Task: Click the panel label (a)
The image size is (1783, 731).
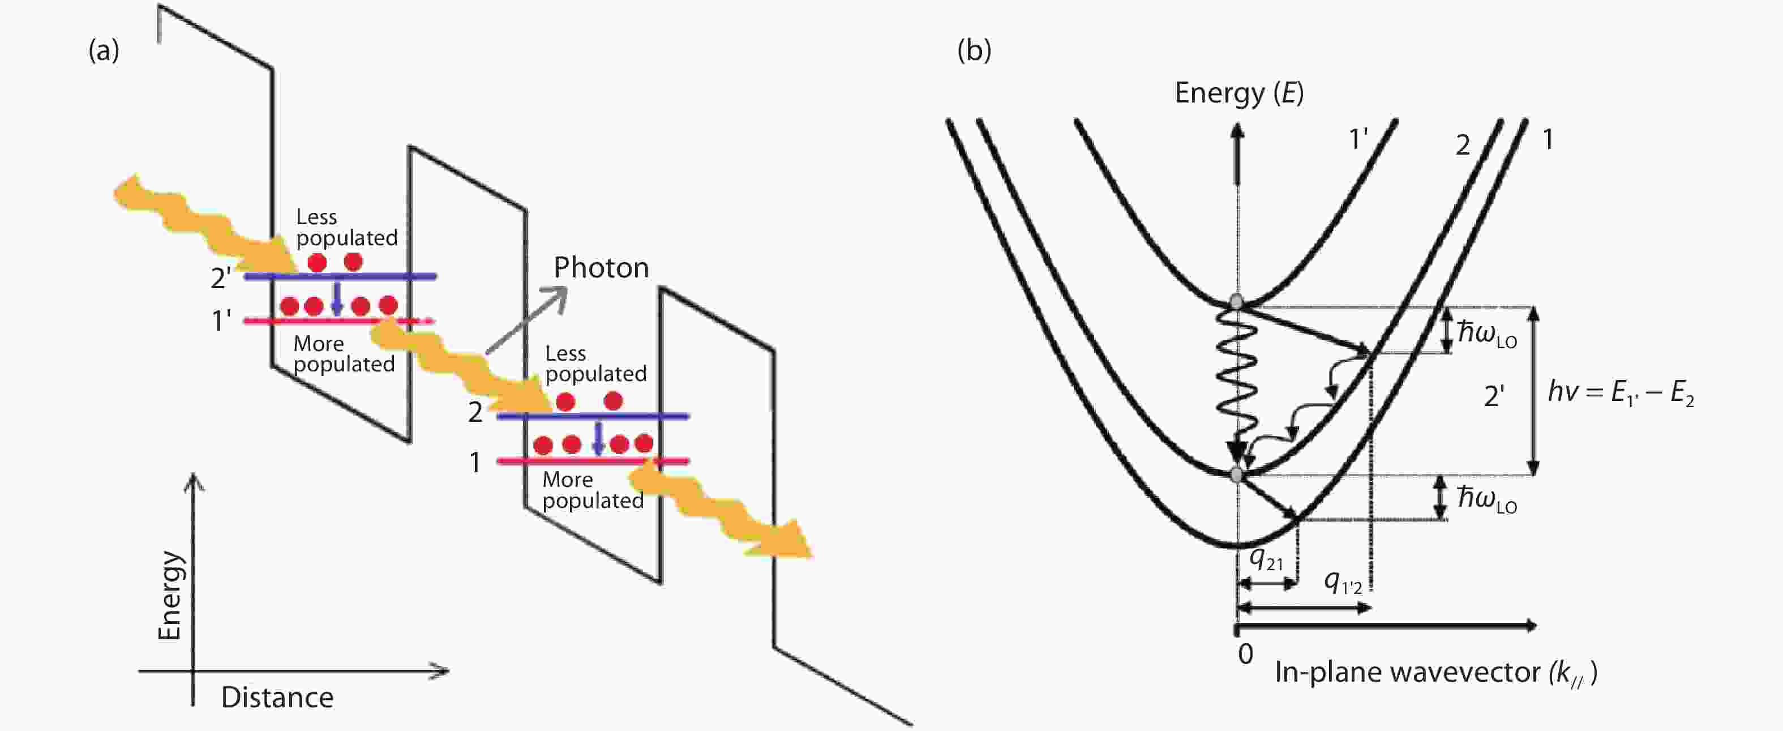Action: click(104, 51)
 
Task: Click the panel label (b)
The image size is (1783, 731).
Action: click(974, 50)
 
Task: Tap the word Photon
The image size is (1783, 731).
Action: click(601, 268)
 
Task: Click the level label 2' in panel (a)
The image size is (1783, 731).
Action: click(221, 278)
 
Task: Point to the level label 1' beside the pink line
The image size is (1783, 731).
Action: click(221, 321)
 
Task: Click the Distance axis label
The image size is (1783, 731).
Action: click(277, 698)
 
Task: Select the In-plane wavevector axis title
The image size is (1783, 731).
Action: click(1435, 673)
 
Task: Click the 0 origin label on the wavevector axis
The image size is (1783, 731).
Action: click(1245, 654)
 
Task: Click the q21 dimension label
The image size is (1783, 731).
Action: click(1266, 559)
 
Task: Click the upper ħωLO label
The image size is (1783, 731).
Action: click(1487, 334)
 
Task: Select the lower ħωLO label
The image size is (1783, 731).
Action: click(1487, 498)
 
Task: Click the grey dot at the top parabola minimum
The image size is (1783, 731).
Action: click(1236, 302)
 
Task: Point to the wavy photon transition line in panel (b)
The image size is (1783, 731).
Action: click(1237, 377)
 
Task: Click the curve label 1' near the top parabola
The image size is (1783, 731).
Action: click(1358, 140)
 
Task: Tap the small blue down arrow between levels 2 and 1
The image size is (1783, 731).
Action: click(599, 438)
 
